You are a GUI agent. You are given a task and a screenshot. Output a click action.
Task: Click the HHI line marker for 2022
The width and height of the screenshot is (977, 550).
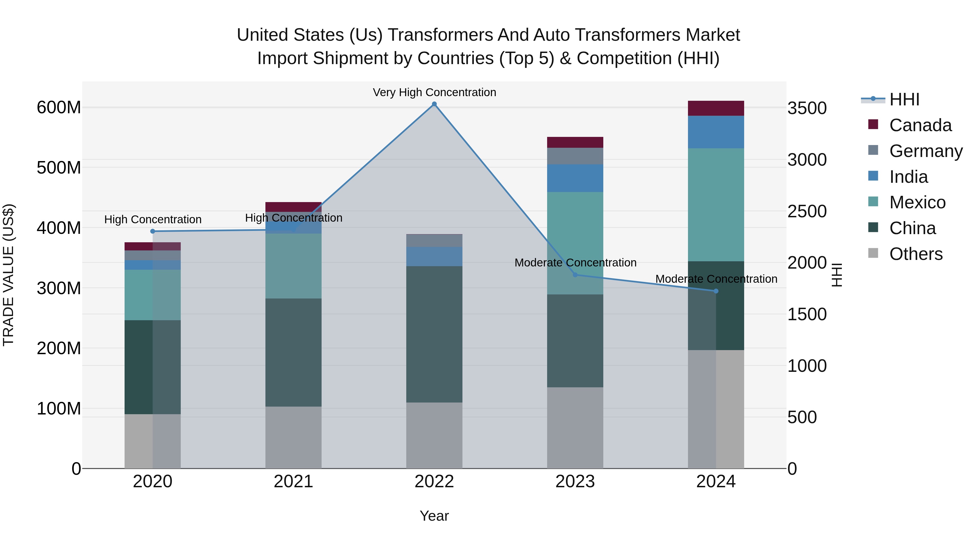click(x=434, y=104)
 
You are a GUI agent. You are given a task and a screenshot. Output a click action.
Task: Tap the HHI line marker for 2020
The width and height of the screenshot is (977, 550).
click(x=153, y=231)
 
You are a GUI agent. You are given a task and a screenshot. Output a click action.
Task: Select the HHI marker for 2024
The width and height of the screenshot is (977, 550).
click(x=716, y=291)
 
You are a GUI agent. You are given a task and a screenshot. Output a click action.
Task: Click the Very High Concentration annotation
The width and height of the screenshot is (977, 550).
click(x=434, y=92)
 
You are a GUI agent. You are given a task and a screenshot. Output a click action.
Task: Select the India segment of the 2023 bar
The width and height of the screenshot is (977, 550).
click(x=575, y=178)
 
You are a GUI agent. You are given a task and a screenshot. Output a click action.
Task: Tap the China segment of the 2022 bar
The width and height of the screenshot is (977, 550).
click(x=434, y=334)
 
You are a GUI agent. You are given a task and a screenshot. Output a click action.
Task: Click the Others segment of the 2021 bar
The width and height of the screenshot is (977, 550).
click(x=293, y=437)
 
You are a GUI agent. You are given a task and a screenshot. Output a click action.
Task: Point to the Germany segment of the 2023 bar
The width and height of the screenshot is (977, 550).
click(x=575, y=156)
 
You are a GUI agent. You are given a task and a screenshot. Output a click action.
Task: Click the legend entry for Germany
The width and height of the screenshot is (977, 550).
click(x=925, y=151)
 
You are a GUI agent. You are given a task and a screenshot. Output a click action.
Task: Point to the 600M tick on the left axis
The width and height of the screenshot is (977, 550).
click(x=59, y=107)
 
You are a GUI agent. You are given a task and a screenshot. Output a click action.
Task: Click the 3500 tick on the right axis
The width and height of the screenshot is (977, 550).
click(x=807, y=108)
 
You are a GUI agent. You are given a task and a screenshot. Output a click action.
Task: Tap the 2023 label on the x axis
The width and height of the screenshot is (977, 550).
click(x=575, y=482)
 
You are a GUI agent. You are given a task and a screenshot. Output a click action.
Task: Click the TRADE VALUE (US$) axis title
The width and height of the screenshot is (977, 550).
click(x=8, y=275)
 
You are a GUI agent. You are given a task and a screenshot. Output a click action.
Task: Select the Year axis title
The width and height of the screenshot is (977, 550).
click(x=434, y=516)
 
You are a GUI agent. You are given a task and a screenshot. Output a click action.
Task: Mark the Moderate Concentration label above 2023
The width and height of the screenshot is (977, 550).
click(x=575, y=263)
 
